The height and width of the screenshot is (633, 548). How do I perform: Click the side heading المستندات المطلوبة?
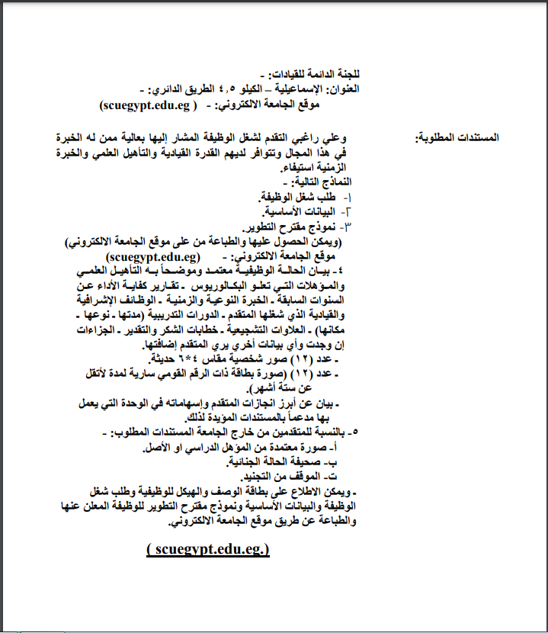tap(457, 138)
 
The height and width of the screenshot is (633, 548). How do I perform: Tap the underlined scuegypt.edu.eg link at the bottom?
tap(208, 548)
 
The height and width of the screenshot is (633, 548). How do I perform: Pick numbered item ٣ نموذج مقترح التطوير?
tap(286, 227)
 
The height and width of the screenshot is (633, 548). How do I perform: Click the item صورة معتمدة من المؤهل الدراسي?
tap(268, 448)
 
